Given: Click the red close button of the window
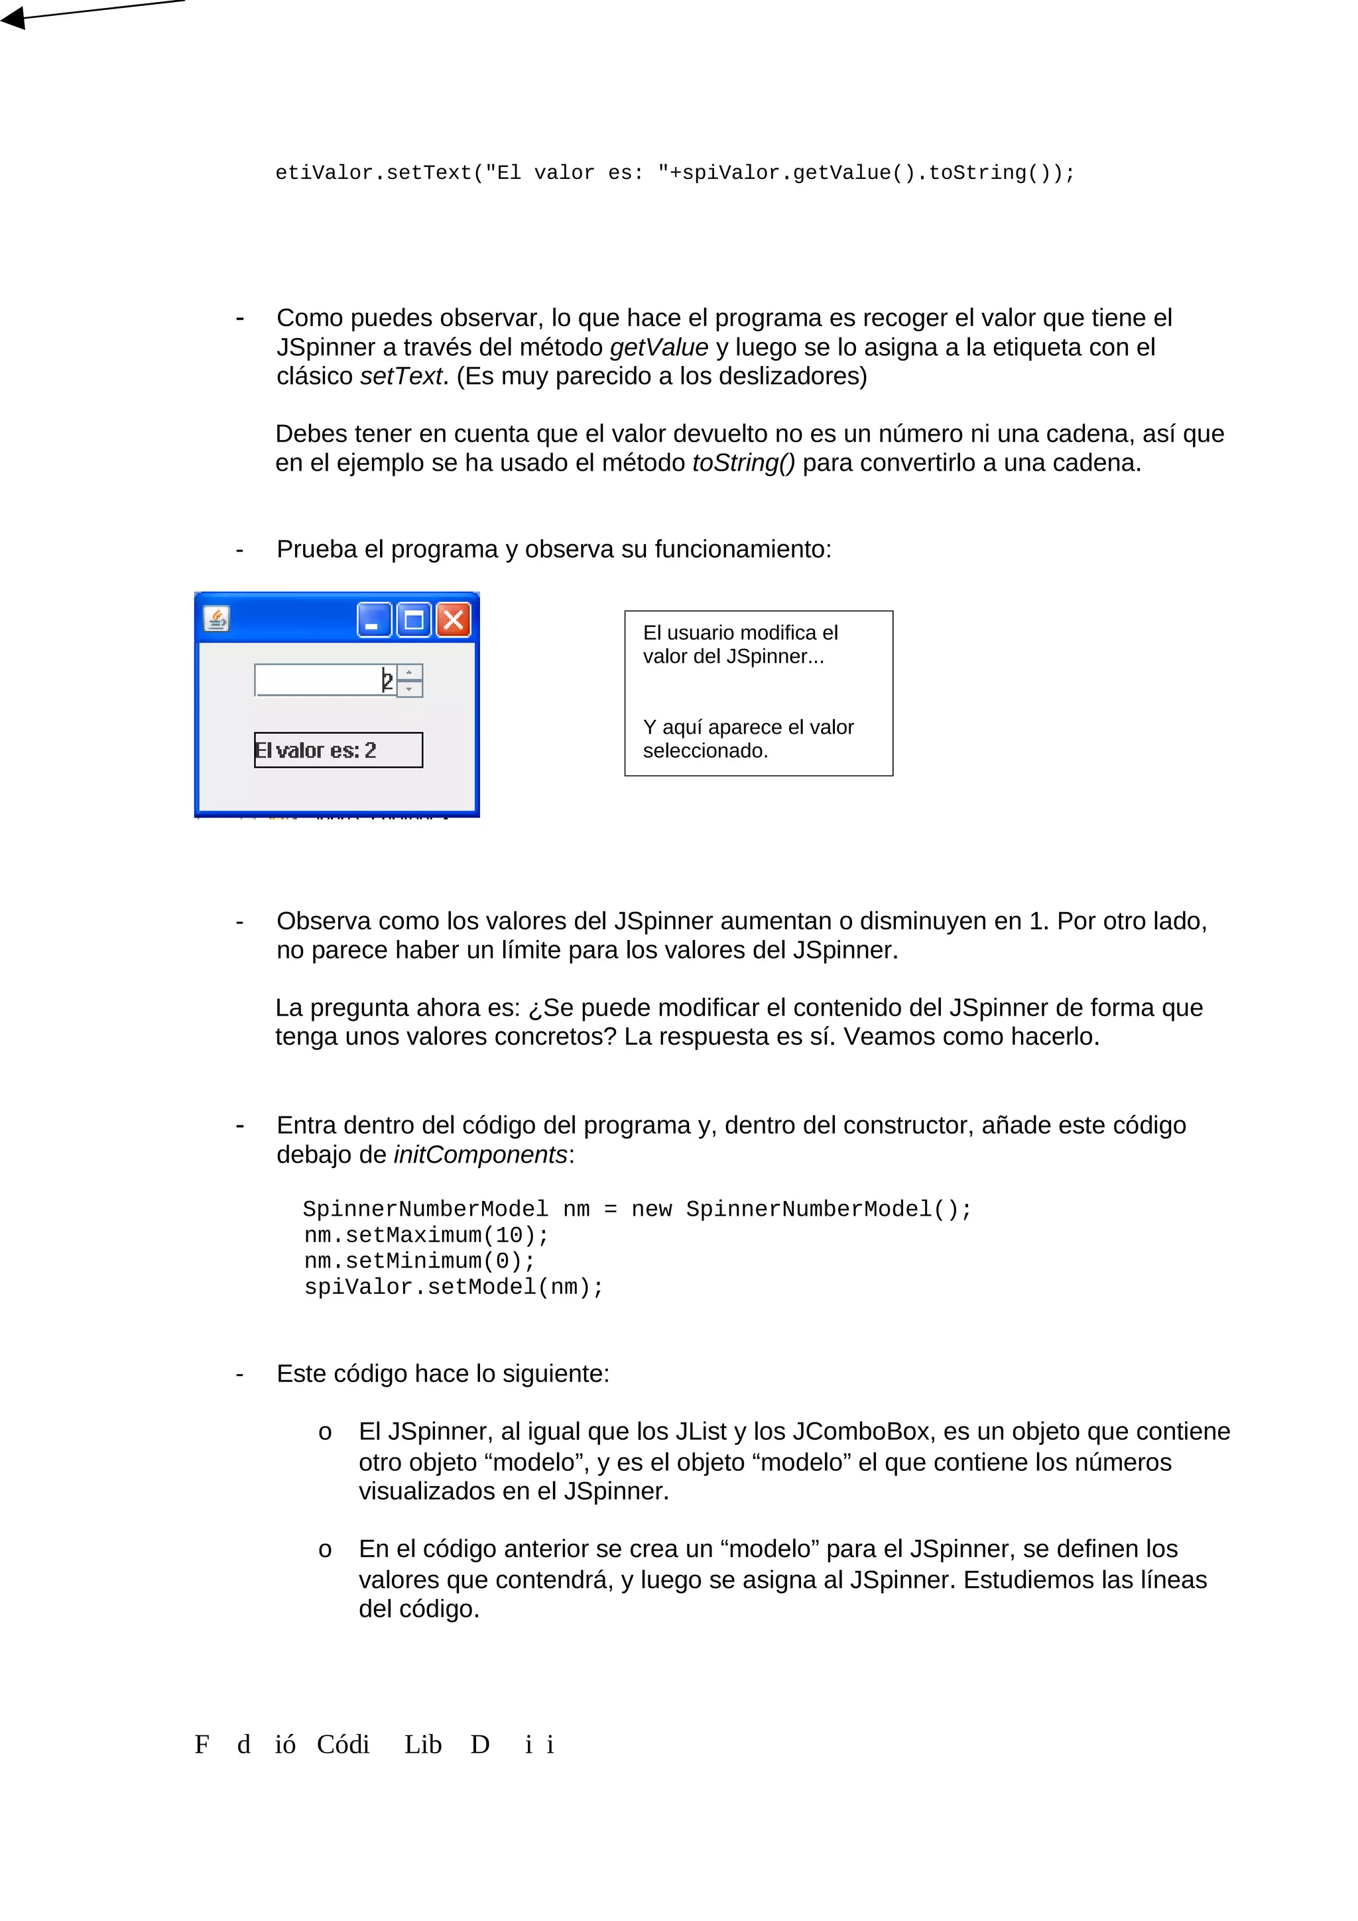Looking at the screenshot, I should coord(454,620).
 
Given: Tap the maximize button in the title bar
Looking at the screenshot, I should coord(413,620).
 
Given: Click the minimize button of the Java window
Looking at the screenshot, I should coord(374,620).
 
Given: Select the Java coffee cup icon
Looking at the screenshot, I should coord(217,619).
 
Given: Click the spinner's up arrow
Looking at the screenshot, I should coord(409,672).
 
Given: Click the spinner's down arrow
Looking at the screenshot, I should coord(409,689).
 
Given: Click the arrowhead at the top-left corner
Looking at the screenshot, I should coord(13,17).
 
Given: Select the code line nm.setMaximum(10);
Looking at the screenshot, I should coord(426,1235).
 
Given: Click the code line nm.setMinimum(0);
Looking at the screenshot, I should coord(419,1261).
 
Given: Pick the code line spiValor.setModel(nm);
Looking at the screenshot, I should coord(454,1287).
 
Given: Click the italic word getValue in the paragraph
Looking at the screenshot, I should coord(658,347).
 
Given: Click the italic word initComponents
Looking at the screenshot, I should coord(480,1155).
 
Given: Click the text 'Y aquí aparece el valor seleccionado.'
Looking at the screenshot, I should coord(747,739).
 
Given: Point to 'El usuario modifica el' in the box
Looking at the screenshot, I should coord(739,632).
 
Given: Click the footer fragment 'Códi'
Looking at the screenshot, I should coord(343,1745).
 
